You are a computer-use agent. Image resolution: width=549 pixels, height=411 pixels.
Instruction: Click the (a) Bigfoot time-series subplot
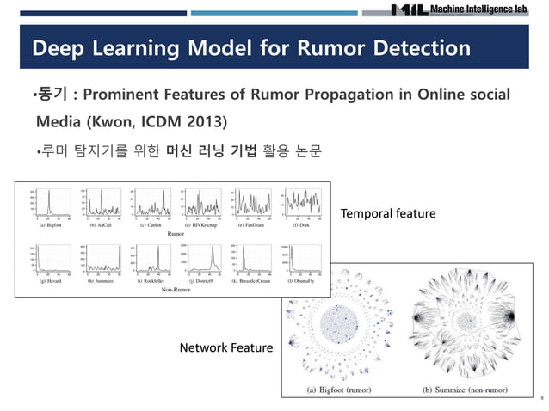click(43, 203)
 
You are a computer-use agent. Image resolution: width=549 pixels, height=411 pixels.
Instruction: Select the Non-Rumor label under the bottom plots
click(175, 291)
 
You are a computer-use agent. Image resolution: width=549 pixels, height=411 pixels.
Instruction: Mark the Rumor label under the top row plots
click(175, 233)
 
